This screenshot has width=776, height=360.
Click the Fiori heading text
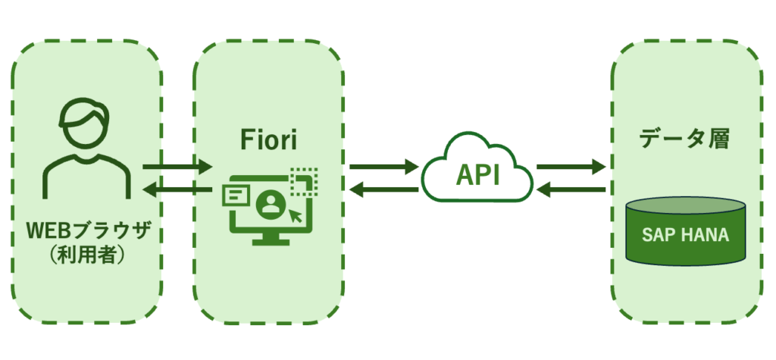[267, 141]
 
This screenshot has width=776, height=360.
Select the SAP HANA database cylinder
[687, 231]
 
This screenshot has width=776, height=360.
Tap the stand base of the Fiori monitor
[267, 240]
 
